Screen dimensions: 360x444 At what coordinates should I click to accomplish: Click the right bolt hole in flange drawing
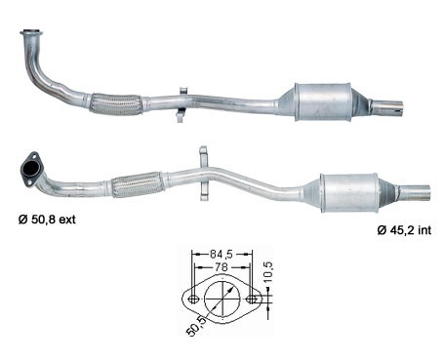(x=253, y=299)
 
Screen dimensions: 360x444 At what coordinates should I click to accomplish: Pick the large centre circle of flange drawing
(x=222, y=299)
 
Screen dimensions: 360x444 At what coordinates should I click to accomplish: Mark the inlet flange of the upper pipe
(x=31, y=39)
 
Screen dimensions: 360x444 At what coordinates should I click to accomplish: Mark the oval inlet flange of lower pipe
(x=31, y=165)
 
